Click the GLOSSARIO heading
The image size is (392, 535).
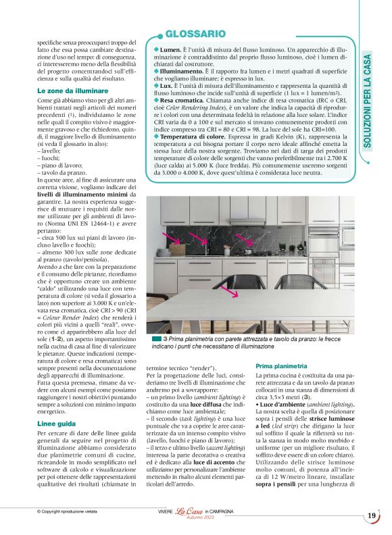(x=195, y=33)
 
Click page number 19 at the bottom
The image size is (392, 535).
(x=372, y=516)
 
